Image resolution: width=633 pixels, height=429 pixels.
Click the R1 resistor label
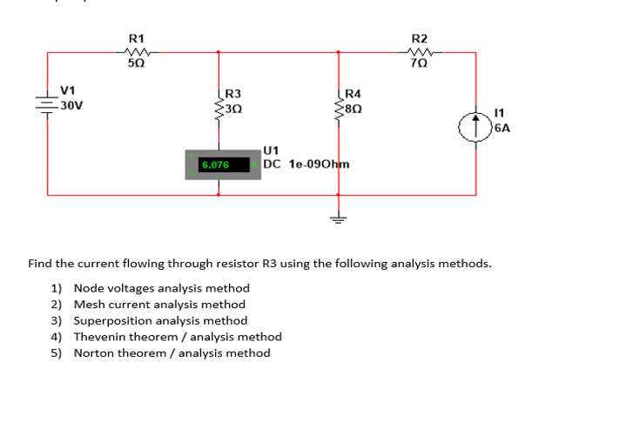(136, 38)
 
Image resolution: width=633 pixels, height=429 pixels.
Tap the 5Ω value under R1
(136, 64)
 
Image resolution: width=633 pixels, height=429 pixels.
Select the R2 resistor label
(419, 38)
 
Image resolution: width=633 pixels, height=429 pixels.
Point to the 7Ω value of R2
(419, 64)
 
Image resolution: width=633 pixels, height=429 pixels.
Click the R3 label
(232, 94)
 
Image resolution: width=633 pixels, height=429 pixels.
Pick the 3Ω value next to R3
(232, 108)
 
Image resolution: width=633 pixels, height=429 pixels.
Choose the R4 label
(353, 94)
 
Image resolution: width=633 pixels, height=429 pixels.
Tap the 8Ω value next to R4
(353, 108)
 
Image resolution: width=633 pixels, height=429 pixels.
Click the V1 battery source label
(67, 90)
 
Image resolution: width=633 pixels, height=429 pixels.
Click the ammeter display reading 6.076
(214, 164)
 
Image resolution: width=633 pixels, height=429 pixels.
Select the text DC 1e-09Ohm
(306, 164)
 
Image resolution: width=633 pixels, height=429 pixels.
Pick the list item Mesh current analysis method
(158, 305)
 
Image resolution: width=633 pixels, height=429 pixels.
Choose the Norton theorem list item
(172, 352)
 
